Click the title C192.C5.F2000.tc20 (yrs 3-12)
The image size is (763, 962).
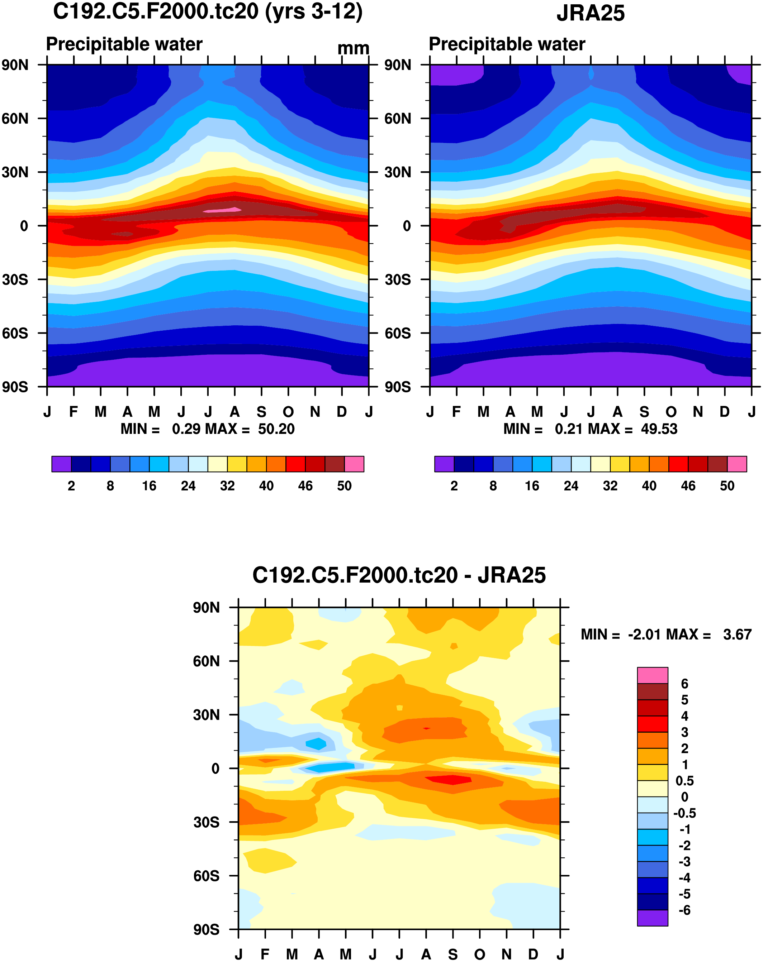tap(208, 11)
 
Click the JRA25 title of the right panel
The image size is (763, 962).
tap(590, 13)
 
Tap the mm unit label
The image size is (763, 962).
tap(353, 48)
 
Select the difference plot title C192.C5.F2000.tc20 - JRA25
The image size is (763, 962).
tap(399, 575)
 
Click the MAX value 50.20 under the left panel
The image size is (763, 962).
tap(276, 429)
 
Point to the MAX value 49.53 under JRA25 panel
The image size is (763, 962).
tap(659, 429)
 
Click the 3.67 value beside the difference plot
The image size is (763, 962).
tap(737, 635)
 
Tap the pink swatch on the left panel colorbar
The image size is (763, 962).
tap(354, 464)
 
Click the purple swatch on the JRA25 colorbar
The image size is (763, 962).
tap(444, 464)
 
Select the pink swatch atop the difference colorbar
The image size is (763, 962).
tap(652, 675)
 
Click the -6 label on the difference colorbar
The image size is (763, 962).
tap(684, 910)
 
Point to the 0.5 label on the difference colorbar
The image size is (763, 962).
tap(684, 781)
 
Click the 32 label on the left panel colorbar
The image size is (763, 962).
tap(227, 486)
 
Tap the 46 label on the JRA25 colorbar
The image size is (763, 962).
tap(688, 486)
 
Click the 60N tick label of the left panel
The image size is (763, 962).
tap(15, 119)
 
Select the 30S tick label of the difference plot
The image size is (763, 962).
tap(206, 822)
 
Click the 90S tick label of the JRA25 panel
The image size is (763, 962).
tap(397, 387)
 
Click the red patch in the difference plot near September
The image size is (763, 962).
tap(451, 780)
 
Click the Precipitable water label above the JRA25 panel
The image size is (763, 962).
tap(507, 44)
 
